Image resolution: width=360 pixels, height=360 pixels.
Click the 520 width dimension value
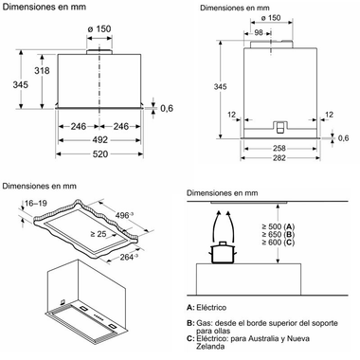[99, 153]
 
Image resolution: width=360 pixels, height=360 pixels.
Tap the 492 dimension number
[99, 140]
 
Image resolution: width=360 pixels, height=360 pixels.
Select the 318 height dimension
[42, 70]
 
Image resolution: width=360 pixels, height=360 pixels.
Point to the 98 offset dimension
[259, 32]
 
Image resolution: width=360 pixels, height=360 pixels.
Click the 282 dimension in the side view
[279, 157]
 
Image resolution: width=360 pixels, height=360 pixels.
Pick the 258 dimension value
[279, 148]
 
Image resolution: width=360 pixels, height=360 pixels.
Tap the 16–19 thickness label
[36, 203]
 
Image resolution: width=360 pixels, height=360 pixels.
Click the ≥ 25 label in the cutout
[99, 234]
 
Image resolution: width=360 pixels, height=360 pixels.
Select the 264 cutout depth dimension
[129, 257]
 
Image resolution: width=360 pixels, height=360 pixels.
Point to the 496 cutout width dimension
[124, 216]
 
